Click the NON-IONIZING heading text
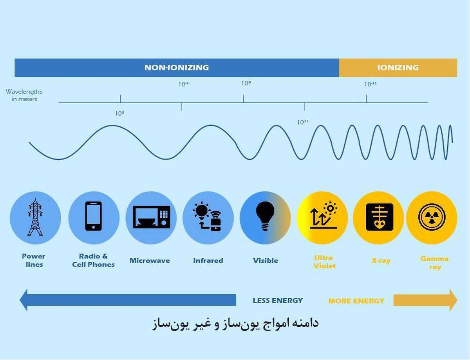[176, 67]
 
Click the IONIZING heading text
[398, 67]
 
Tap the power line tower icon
[35, 217]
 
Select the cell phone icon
[94, 216]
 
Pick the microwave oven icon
[151, 217]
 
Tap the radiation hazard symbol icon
[432, 216]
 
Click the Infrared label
[208, 261]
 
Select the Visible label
[266, 261]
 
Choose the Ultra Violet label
[324, 262]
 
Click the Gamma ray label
[434, 263]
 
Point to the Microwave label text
[150, 261]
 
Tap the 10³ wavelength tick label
[119, 113]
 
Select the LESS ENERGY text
[278, 301]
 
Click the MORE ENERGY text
[356, 301]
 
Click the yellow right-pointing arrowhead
[453, 300]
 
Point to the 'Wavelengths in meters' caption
[24, 95]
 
